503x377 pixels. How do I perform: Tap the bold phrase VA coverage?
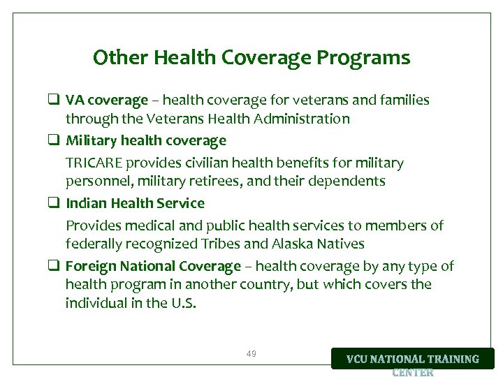[107, 101]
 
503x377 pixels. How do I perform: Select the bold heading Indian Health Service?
[135, 204]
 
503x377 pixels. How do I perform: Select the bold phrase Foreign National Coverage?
[153, 267]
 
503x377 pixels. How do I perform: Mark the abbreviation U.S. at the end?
[183, 303]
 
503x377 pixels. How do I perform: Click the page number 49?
[251, 354]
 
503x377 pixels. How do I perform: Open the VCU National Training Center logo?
[412, 360]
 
